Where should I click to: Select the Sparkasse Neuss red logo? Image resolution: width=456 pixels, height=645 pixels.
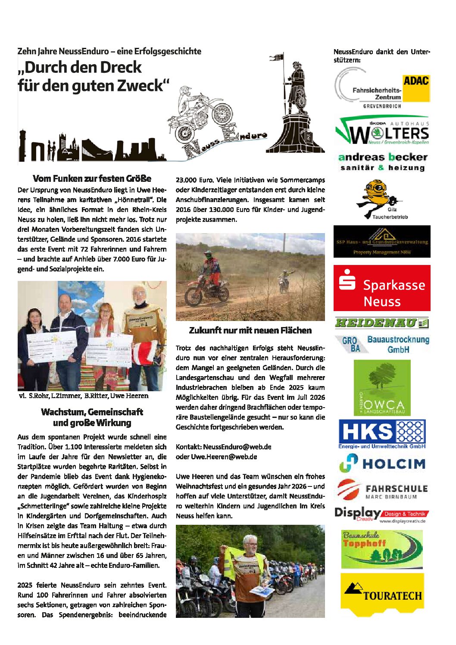point(382,288)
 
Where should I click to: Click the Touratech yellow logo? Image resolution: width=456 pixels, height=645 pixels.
point(382,594)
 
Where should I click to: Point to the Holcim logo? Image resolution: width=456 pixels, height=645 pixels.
point(382,463)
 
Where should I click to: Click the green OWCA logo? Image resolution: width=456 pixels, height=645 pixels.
point(382,387)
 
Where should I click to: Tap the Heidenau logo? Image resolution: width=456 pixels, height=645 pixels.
point(382,322)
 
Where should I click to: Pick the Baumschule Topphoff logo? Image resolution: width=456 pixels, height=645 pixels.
point(382,549)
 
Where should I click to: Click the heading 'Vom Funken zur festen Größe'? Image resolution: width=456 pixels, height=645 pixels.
point(92,178)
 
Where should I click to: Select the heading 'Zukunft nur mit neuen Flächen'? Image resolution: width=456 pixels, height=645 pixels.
point(250,330)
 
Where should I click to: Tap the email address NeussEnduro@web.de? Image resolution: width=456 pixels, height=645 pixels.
point(237,447)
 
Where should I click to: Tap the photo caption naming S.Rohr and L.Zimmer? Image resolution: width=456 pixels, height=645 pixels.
point(84,396)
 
